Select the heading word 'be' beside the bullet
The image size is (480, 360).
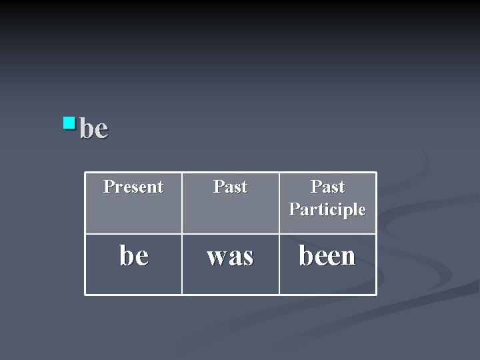point(93,129)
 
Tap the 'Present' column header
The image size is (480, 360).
point(133,187)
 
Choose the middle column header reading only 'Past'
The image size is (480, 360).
point(230,187)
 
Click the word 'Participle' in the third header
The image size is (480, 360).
point(327,209)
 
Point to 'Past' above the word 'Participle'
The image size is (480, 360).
point(327,187)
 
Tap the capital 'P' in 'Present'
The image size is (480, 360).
point(108,187)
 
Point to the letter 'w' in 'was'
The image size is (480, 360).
point(216,257)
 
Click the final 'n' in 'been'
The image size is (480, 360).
point(348,257)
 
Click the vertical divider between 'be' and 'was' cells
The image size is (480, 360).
point(182,264)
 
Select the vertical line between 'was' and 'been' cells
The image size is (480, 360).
point(279,264)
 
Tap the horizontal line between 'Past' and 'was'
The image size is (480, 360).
point(230,234)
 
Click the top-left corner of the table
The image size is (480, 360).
point(85,173)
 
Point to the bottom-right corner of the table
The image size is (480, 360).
point(376,294)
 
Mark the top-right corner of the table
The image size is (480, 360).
point(376,173)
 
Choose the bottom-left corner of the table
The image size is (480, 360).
point(85,294)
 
